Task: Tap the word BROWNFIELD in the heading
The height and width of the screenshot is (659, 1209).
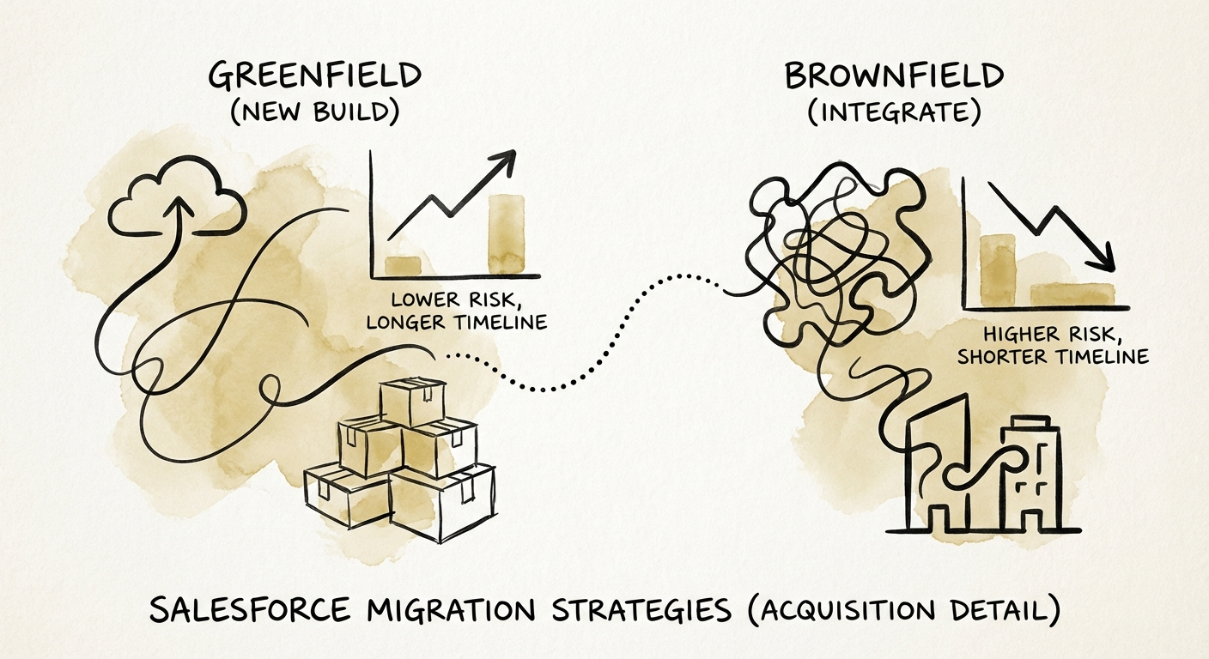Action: tap(894, 76)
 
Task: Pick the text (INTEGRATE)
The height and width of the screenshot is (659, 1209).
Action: tap(894, 113)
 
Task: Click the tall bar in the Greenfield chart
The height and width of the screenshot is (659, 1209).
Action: tap(505, 233)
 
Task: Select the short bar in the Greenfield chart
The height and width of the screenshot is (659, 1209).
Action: tap(402, 265)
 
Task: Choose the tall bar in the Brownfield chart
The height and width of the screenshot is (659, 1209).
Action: tap(996, 269)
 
